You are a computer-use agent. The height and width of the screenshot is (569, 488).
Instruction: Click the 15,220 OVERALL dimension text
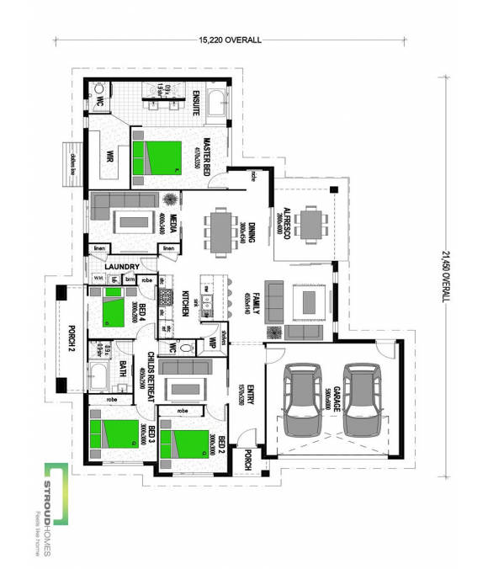tap(229, 40)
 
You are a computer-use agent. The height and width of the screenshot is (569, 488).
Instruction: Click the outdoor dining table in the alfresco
tap(312, 223)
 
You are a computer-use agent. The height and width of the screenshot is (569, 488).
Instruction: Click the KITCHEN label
tap(186, 305)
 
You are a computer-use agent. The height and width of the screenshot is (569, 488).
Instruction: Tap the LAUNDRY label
tap(121, 267)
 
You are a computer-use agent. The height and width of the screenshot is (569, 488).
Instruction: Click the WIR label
tap(110, 157)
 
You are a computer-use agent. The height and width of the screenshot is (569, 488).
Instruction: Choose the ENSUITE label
tap(195, 102)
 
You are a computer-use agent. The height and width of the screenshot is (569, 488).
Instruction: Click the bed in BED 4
tap(112, 312)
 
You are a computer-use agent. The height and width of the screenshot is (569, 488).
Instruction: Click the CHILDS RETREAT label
tap(150, 375)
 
